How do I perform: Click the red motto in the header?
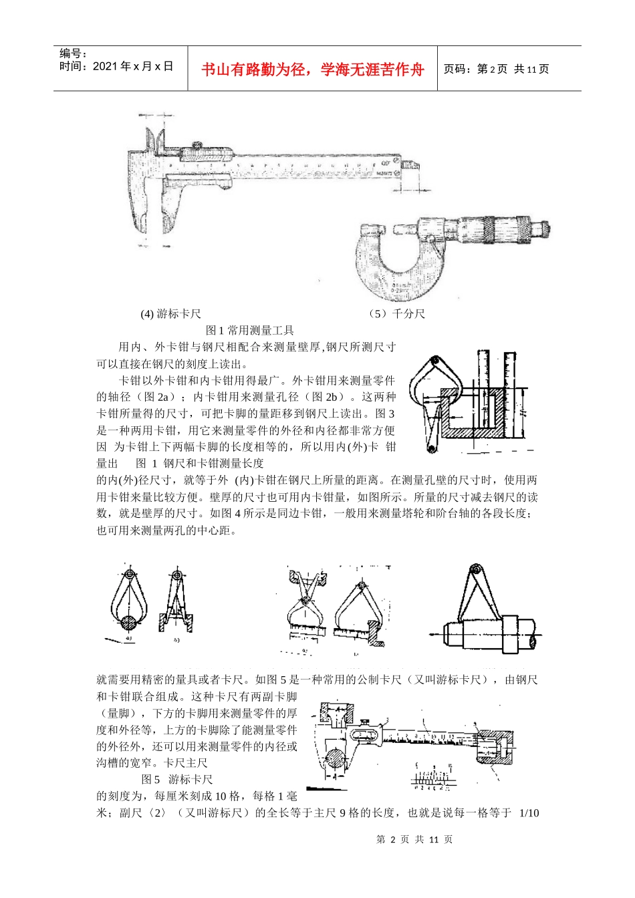tap(312, 69)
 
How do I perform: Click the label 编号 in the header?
tap(73, 53)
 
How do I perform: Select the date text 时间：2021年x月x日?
tap(116, 66)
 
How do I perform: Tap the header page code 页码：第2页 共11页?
tap(496, 69)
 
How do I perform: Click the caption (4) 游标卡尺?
tap(170, 314)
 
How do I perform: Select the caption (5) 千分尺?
tap(396, 314)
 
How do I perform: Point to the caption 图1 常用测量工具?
tap(250, 330)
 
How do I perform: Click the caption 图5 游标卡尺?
tap(177, 779)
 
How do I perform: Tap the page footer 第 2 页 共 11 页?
tap(414, 839)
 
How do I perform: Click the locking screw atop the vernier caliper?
tap(197, 145)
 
